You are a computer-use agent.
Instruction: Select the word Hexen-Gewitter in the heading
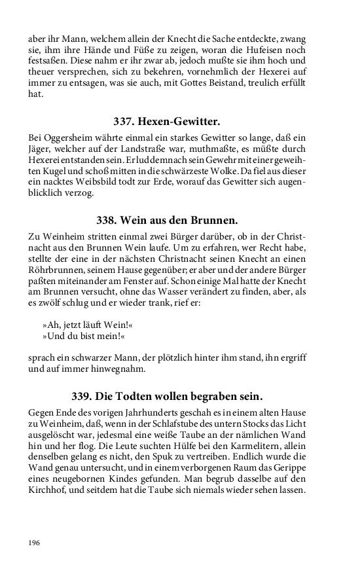coord(179,122)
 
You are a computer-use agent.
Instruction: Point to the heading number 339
coord(84,396)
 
